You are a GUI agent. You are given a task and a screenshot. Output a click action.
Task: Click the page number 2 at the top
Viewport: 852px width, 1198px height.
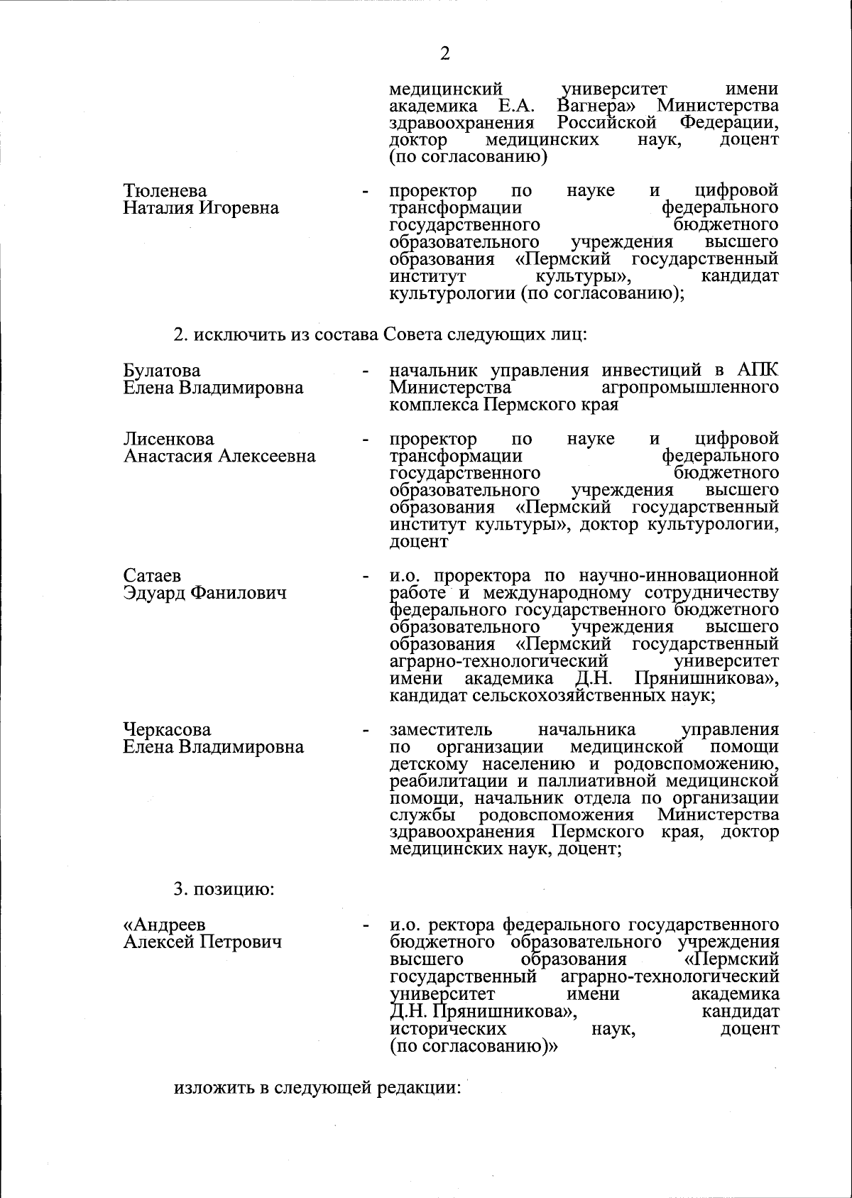point(445,54)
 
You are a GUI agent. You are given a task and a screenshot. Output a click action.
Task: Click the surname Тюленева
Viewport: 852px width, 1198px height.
point(165,191)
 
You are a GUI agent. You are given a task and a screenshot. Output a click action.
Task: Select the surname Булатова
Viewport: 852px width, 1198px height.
point(162,371)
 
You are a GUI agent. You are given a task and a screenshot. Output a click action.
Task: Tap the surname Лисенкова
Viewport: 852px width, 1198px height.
point(169,439)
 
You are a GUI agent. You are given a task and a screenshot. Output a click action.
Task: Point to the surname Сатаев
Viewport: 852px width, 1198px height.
point(152,575)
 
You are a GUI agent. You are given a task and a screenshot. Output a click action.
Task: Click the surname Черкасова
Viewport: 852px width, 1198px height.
point(168,730)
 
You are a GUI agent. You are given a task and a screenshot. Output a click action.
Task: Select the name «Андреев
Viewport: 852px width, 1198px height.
point(164,925)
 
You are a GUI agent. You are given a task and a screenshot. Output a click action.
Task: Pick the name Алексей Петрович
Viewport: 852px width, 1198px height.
point(202,942)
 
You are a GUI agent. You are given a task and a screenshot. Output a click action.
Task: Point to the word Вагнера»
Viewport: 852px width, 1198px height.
point(596,107)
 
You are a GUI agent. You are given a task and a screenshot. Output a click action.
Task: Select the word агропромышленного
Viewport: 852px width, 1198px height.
point(689,388)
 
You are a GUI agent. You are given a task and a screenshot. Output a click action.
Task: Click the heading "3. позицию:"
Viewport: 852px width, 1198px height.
point(224,889)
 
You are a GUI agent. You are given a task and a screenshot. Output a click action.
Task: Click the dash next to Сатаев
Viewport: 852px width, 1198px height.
point(366,576)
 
